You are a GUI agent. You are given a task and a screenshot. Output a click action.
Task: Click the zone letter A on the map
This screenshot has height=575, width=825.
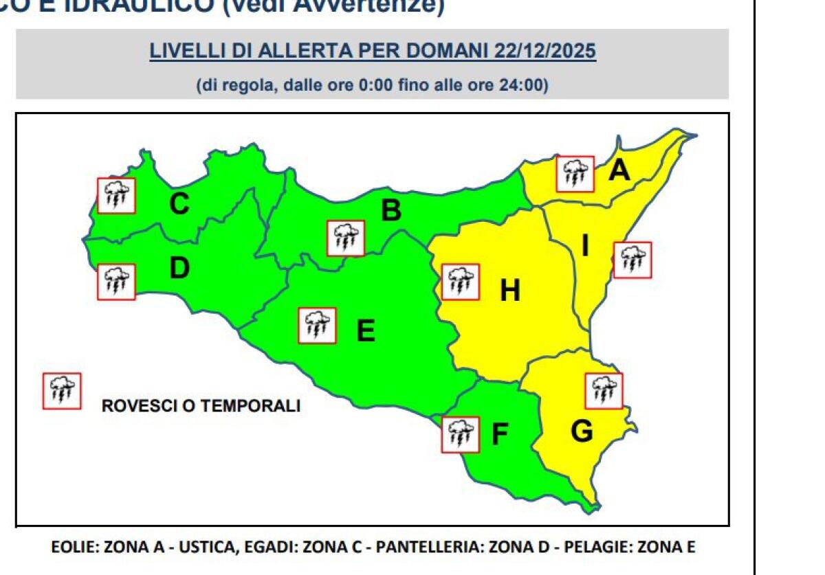[x=619, y=170]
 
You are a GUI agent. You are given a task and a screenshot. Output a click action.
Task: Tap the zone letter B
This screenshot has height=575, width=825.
[x=390, y=210]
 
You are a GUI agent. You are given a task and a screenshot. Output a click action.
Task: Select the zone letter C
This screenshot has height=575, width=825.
[x=179, y=204]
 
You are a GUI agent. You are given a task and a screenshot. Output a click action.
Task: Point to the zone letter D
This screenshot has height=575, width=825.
[x=179, y=268]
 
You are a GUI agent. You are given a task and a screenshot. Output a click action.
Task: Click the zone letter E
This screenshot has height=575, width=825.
[x=366, y=331]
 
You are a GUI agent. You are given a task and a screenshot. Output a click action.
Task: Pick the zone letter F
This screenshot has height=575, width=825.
[x=500, y=435]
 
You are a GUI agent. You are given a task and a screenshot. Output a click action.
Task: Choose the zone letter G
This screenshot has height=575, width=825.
[x=582, y=432]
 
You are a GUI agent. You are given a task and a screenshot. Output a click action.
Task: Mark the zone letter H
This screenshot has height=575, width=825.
[x=509, y=291]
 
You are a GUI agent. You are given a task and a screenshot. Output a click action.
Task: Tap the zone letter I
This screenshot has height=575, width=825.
[x=586, y=246]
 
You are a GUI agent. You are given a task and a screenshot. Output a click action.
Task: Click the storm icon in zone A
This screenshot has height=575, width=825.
[x=575, y=174]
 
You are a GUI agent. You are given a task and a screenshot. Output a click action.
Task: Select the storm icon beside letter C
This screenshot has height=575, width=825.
[x=116, y=195]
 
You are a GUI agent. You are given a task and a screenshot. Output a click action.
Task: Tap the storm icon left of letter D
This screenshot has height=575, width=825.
[x=116, y=282]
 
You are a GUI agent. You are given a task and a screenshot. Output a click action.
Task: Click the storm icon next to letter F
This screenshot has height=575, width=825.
[x=461, y=434]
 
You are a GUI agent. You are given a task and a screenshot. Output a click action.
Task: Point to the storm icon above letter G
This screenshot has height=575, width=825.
[x=604, y=390]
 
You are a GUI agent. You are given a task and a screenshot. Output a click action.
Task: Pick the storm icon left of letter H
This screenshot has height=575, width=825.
[x=460, y=282]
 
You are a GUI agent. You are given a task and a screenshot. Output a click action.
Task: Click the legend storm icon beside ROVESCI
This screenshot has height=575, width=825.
[x=63, y=391]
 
